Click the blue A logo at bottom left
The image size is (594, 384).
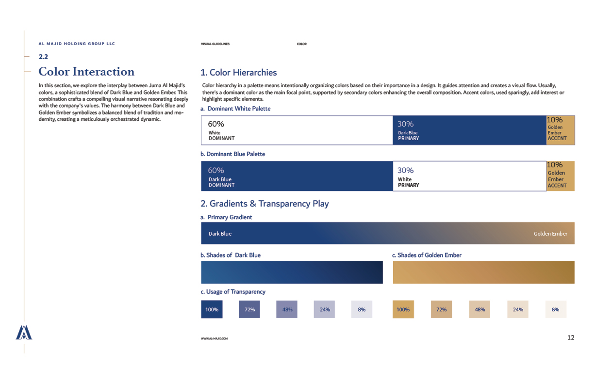tap(24, 332)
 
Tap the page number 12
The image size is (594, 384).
tap(570, 337)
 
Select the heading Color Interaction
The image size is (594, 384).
tap(86, 72)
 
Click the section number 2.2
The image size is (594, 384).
tap(43, 57)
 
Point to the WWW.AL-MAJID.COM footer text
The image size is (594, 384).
tap(214, 339)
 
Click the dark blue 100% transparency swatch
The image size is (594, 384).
tap(212, 309)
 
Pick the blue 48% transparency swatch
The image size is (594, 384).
tap(287, 309)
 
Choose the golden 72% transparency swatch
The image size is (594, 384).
tap(441, 309)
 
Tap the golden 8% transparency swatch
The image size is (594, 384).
tap(555, 309)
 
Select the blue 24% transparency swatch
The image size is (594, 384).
tap(325, 309)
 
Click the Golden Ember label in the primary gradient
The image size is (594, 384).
tap(550, 234)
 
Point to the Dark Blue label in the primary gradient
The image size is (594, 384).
tap(220, 234)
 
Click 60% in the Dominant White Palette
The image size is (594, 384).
tap(216, 124)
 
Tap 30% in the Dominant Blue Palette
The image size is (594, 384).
tap(405, 170)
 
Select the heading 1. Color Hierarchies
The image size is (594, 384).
tap(238, 73)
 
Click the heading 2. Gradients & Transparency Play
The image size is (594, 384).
tap(264, 204)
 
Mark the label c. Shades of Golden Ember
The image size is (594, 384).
tap(427, 255)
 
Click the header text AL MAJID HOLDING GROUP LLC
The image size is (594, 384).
tap(77, 44)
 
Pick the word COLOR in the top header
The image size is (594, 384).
tap(301, 44)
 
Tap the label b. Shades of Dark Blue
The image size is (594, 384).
tap(231, 255)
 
